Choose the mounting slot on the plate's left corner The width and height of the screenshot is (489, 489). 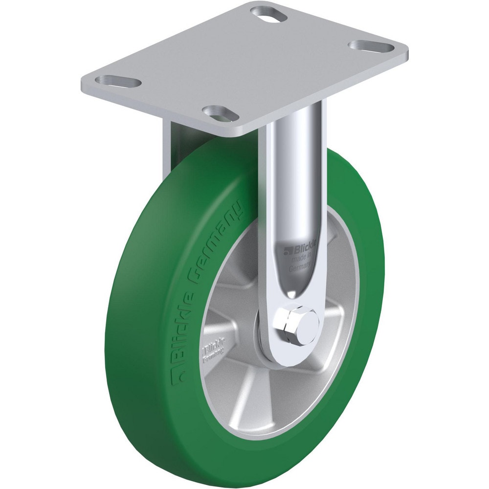tap(119, 81)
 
